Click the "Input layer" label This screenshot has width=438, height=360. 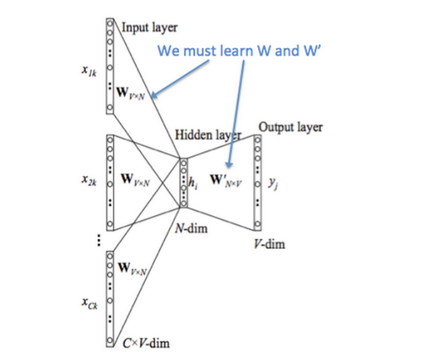point(149,27)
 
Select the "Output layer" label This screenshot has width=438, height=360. point(290,126)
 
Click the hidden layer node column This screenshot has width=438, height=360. point(183,183)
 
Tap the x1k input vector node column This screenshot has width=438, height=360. point(109,64)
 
